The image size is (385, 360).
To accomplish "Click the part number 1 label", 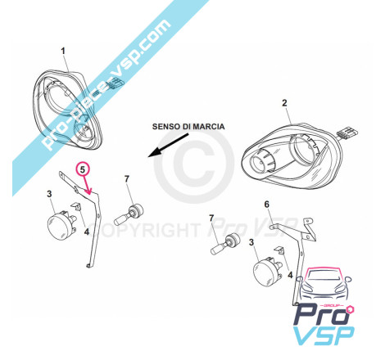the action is coord(63,51).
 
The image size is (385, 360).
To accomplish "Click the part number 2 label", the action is coord(284,103).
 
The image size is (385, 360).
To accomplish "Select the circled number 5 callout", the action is coord(82,169).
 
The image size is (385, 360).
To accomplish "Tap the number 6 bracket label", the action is coord(266,205).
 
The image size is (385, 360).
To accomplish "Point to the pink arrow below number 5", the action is coord(87,185).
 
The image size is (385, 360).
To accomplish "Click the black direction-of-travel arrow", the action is coord(168,145).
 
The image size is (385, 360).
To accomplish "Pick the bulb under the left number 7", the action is coord(129,215).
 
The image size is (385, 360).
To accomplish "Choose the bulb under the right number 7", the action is coord(225,244).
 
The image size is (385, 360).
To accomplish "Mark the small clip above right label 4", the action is coord(279,250).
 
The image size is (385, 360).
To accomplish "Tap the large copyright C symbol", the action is coord(194,167).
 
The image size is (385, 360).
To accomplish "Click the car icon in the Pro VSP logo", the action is coord(324,285).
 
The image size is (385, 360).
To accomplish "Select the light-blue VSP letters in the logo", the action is coord(324,335).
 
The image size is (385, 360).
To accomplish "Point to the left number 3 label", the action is coord(49,194).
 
